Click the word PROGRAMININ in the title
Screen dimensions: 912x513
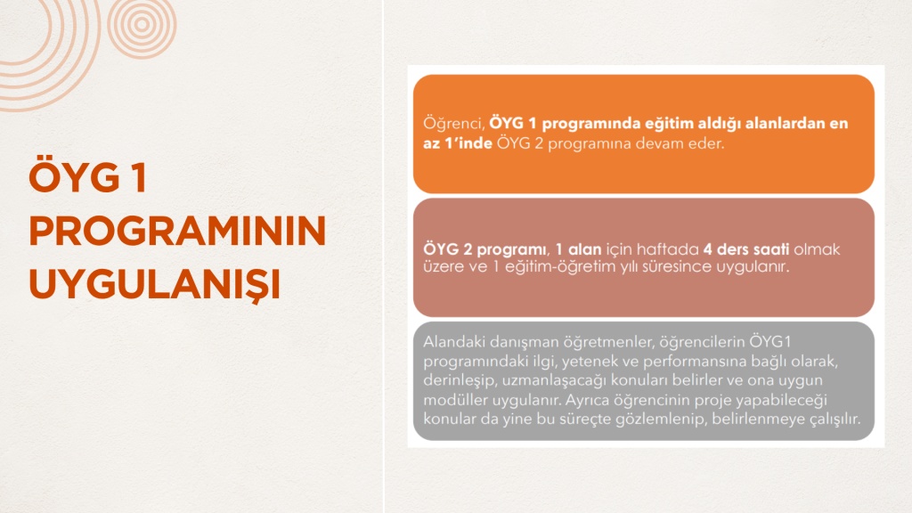[x=177, y=231]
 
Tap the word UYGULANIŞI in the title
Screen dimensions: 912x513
[x=155, y=285]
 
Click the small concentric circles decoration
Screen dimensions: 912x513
[x=142, y=24]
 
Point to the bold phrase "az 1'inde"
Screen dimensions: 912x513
[x=458, y=143]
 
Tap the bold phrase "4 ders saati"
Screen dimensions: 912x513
[x=746, y=249]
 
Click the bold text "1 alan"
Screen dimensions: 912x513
[x=578, y=249]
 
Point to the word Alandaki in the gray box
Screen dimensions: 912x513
[x=454, y=341]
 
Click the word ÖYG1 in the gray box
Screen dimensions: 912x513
[x=770, y=341]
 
